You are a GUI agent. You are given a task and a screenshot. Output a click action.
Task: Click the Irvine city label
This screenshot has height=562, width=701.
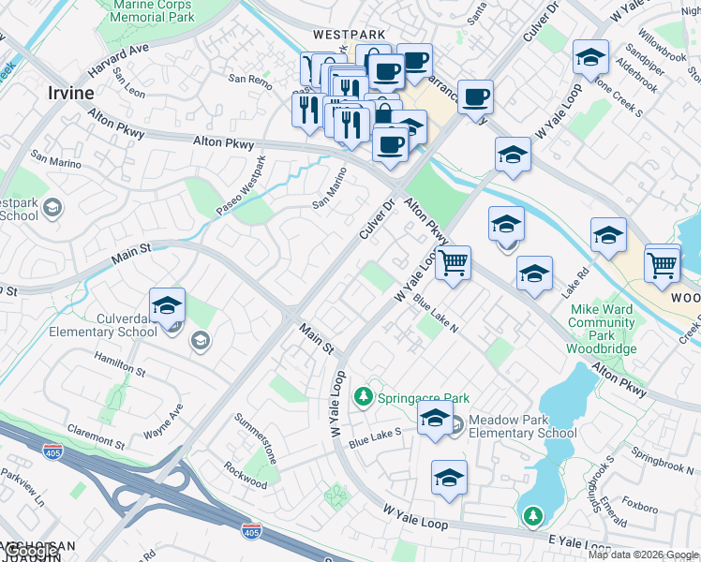coord(70,93)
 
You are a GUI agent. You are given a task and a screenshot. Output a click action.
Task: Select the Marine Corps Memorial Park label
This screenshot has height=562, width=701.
coord(152,11)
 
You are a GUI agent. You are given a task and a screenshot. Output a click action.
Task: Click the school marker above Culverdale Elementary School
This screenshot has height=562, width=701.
coord(167,306)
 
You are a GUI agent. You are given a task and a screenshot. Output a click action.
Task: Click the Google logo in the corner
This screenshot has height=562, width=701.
coord(32,552)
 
